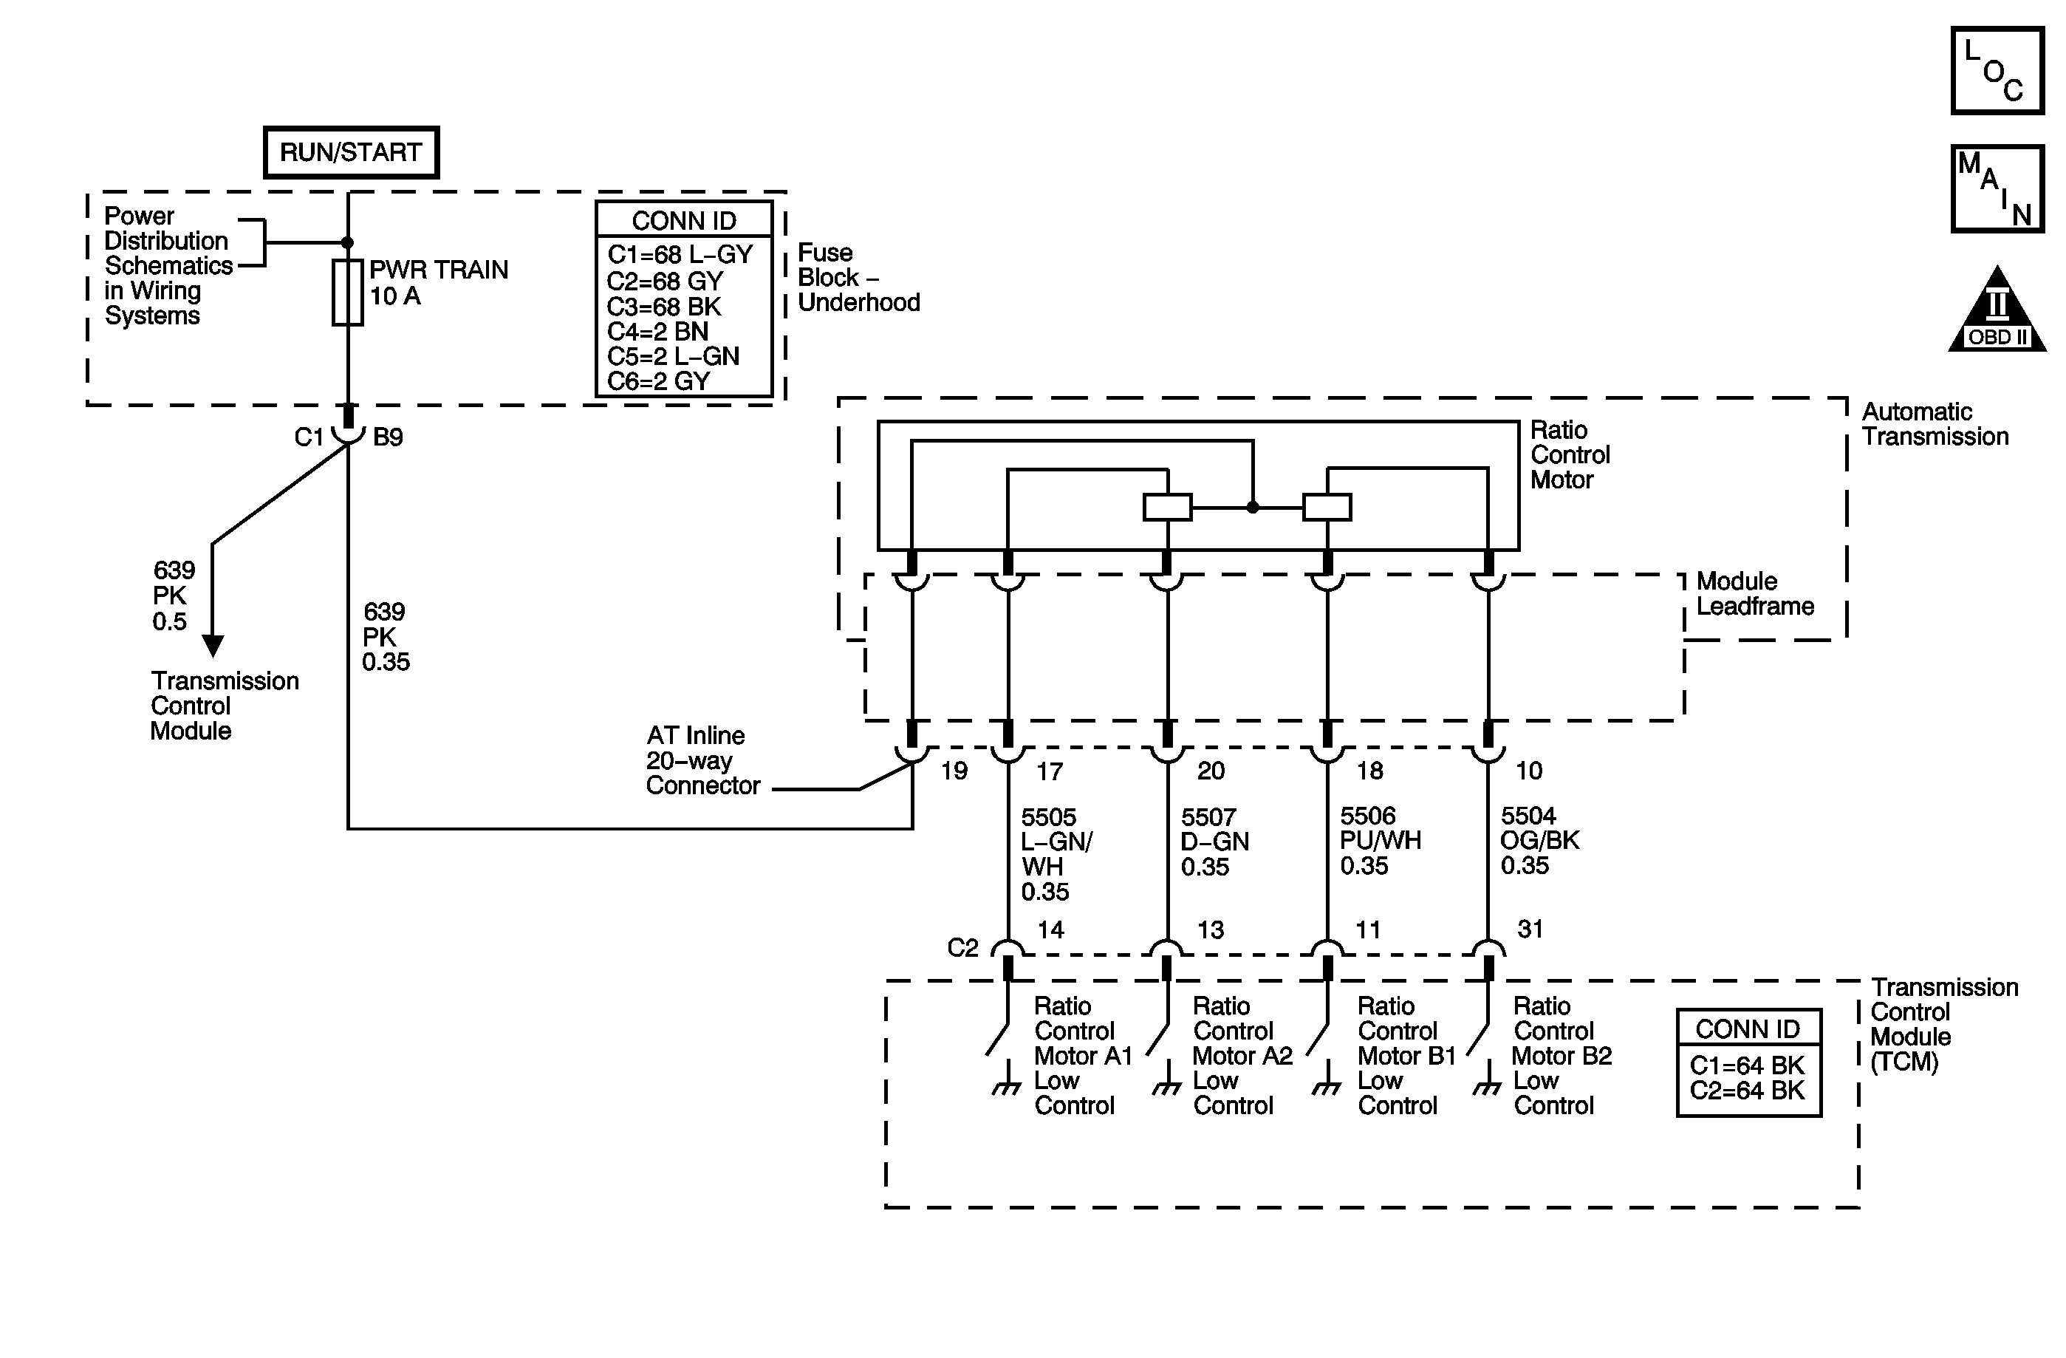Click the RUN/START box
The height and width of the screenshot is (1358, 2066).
(351, 153)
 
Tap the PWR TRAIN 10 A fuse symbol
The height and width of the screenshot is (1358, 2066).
(347, 293)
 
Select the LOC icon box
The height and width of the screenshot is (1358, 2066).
(1997, 70)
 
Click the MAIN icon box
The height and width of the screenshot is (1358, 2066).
(1997, 188)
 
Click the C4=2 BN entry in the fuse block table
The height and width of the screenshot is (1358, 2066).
(657, 332)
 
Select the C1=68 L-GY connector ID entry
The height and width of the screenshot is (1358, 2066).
(680, 256)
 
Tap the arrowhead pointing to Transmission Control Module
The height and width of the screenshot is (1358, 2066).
(213, 645)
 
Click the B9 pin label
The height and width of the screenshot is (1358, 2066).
(388, 437)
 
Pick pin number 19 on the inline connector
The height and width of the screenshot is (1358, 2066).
(954, 771)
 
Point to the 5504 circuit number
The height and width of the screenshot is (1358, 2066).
(1528, 816)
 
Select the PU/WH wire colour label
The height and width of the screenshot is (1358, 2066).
(1381, 842)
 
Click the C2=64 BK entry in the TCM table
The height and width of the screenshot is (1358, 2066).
(1747, 1091)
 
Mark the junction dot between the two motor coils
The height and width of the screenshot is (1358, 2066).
(1253, 507)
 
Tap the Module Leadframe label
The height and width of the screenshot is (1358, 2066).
(1754, 594)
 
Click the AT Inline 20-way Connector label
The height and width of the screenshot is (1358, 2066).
(702, 760)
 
